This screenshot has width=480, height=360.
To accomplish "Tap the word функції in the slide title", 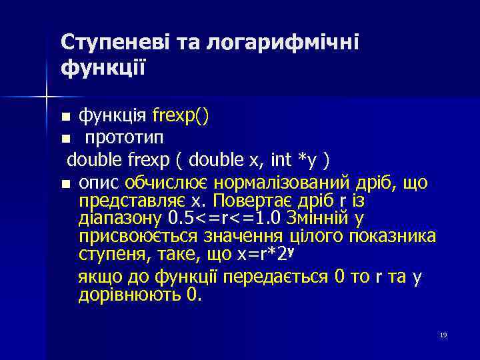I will pyautogui.click(x=103, y=68).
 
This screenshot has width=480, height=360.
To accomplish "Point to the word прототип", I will pyautogui.click(x=123, y=138).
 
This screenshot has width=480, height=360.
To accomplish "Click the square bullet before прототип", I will pyautogui.click(x=65, y=139).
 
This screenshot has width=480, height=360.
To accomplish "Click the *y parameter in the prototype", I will pyautogui.click(x=307, y=160).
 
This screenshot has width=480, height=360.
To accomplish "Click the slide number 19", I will pyautogui.click(x=443, y=335).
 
